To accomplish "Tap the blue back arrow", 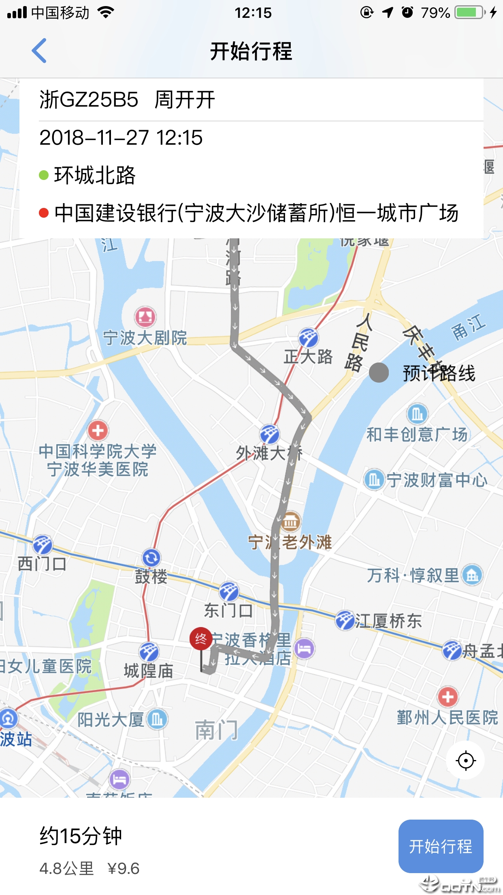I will (39, 51).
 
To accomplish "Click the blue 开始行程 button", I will (441, 846).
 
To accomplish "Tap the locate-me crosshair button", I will (465, 760).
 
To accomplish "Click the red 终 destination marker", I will (201, 639).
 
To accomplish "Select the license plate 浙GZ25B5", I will (89, 100).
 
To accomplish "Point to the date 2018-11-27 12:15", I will (121, 138).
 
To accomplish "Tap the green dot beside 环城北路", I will (44, 175).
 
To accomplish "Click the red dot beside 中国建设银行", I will (44, 213).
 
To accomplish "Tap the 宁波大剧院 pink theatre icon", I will (145, 317).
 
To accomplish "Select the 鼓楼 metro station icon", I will (151, 558).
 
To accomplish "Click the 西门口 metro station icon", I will (43, 544).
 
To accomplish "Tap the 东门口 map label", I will (228, 610).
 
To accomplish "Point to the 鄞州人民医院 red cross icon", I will (448, 697).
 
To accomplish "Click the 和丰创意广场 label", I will (417, 435).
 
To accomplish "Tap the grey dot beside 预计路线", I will (379, 373).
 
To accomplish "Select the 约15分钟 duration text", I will (81, 836).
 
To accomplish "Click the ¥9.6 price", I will (124, 869).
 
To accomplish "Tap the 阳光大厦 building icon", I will (157, 719).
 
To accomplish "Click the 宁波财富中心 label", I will (437, 480).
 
